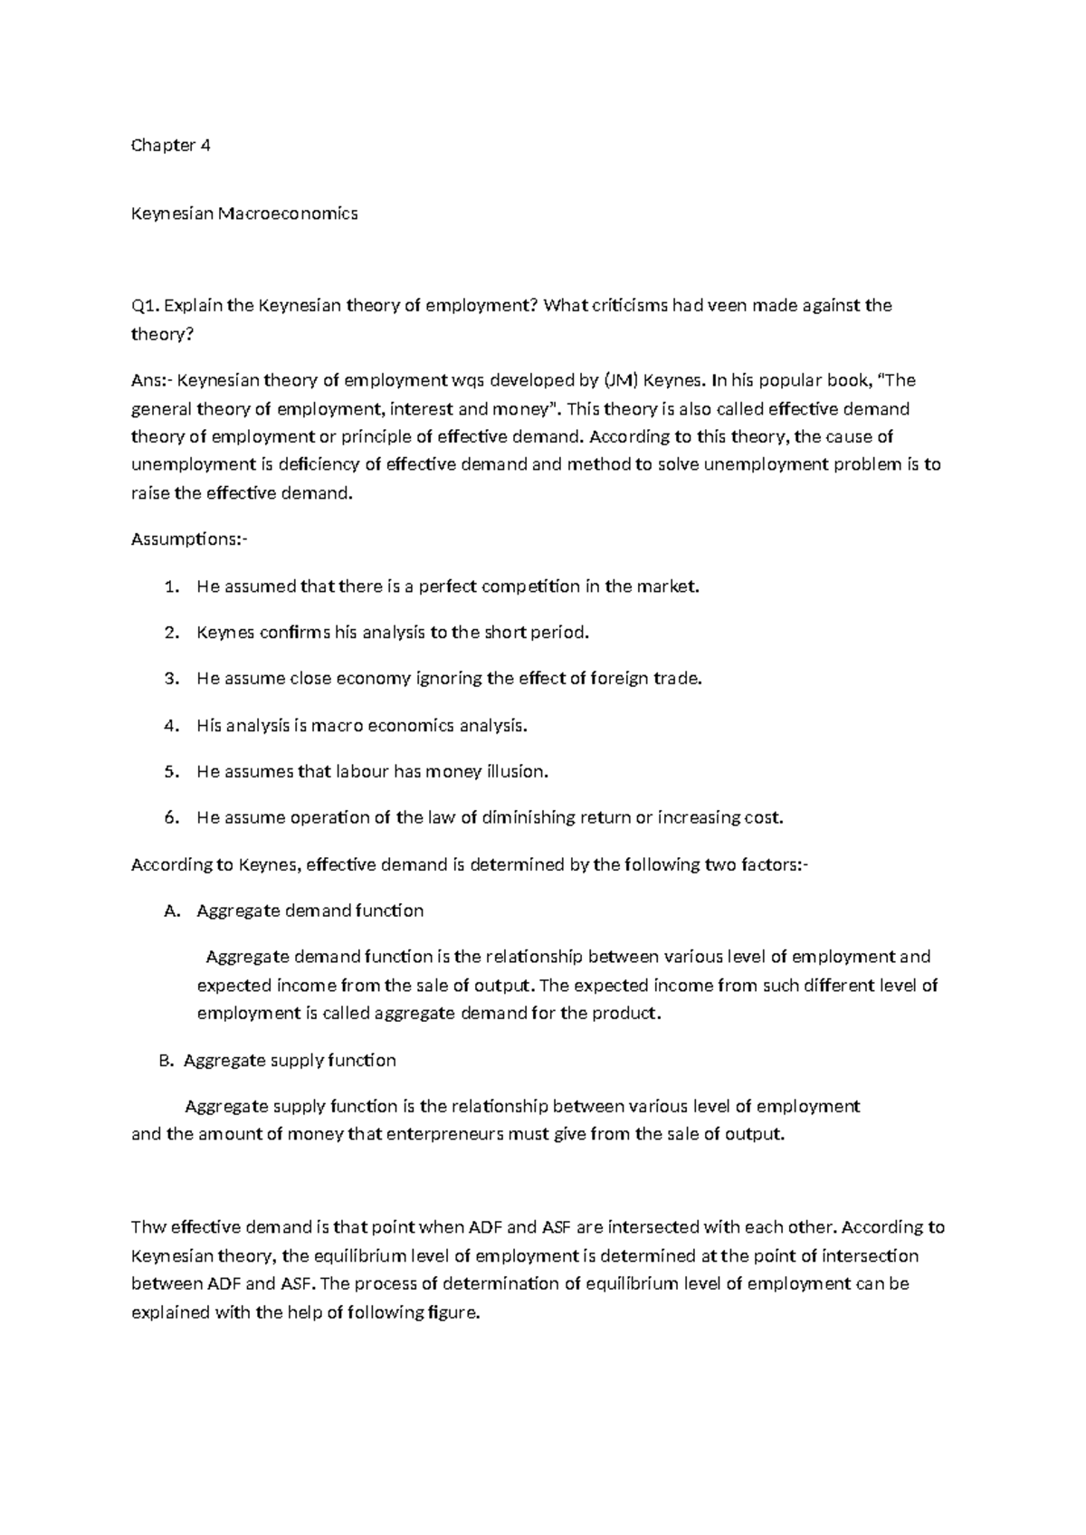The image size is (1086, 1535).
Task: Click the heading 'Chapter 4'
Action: click(171, 145)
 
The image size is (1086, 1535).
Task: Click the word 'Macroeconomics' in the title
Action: click(288, 214)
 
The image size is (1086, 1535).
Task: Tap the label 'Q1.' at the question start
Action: click(146, 306)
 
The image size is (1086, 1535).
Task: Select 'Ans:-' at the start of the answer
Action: click(150, 380)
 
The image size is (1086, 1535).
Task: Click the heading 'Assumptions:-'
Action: click(188, 539)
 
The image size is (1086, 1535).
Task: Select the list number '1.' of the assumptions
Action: click(172, 586)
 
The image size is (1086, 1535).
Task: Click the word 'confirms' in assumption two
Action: click(295, 633)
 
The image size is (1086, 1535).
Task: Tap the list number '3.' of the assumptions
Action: click(172, 679)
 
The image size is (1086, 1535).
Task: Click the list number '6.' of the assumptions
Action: click(172, 818)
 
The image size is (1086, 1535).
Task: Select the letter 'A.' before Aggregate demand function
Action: click(173, 911)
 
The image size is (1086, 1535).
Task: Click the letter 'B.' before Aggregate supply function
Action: click(166, 1061)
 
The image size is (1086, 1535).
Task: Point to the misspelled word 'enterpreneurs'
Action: click(444, 1135)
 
